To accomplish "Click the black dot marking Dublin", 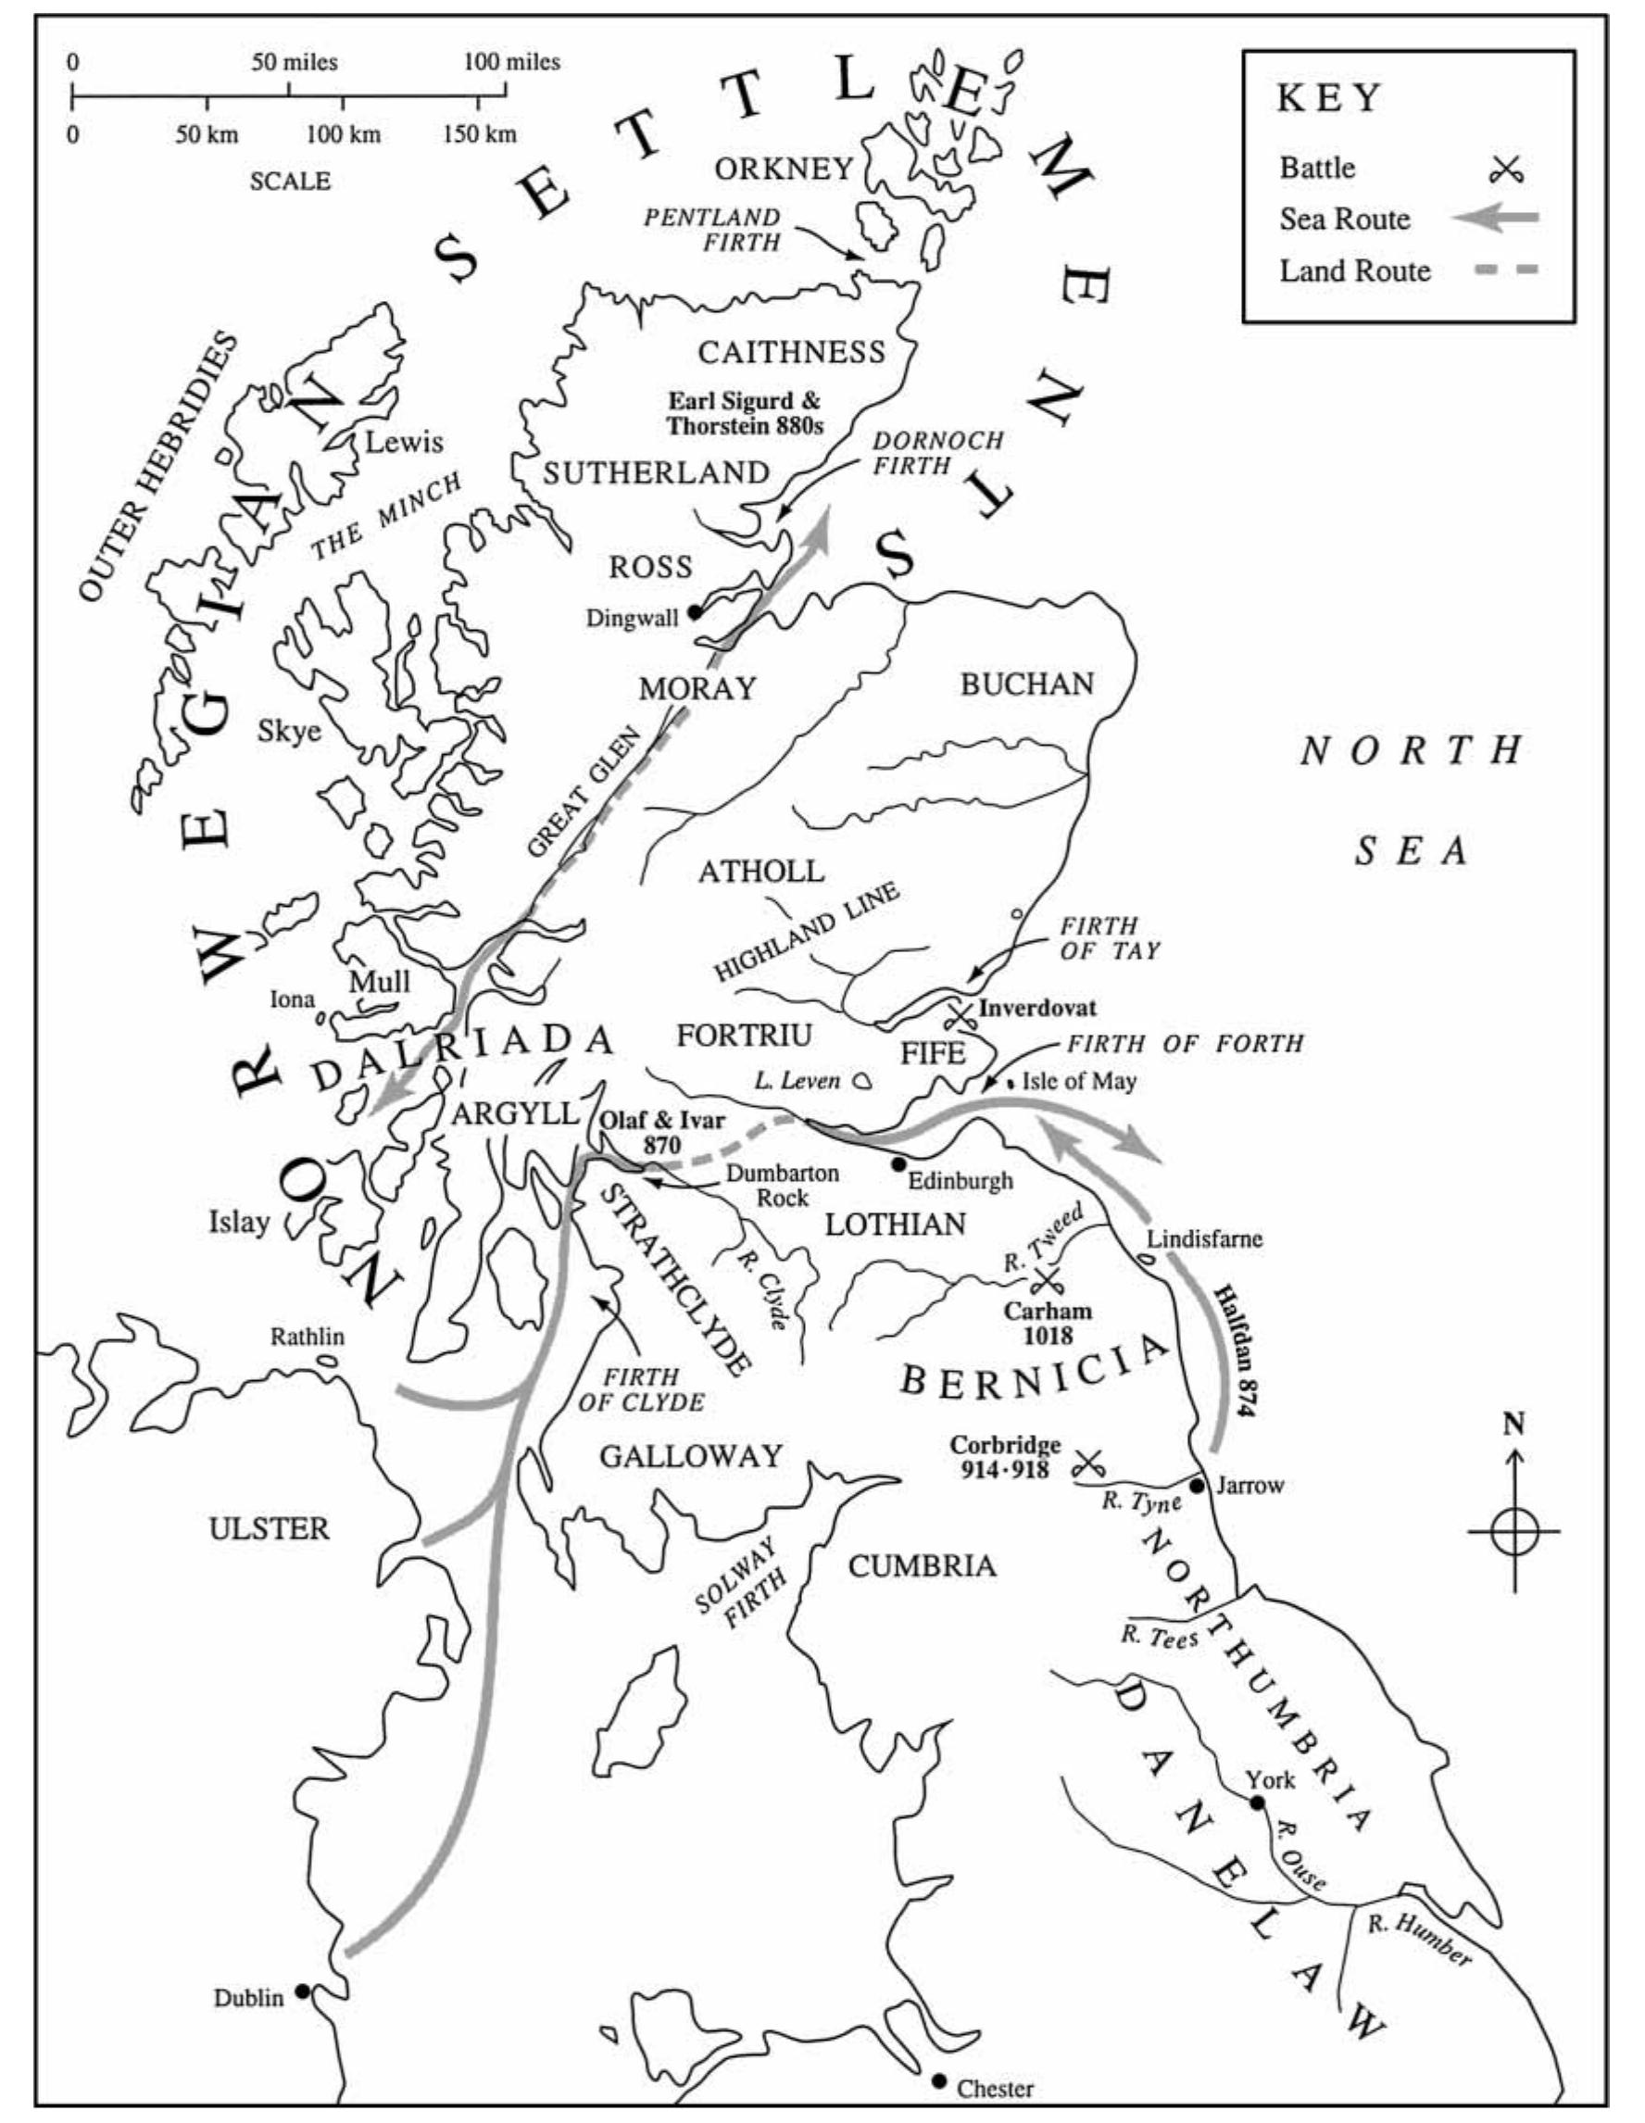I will point(302,1991).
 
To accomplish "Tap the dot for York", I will point(1257,1803).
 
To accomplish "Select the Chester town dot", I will point(938,2080).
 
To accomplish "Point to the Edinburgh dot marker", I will point(898,1163).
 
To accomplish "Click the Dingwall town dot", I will point(694,612).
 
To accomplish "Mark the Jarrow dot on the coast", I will point(1197,1487).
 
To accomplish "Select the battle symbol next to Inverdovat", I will point(961,1017).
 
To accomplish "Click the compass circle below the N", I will point(1513,1532).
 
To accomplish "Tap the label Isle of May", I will point(1079,1081).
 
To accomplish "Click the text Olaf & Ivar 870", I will point(662,1133).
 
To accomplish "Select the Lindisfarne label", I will point(1205,1239).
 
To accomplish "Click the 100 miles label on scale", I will point(511,62).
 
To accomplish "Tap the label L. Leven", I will point(797,1081).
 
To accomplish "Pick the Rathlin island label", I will point(307,1337).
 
